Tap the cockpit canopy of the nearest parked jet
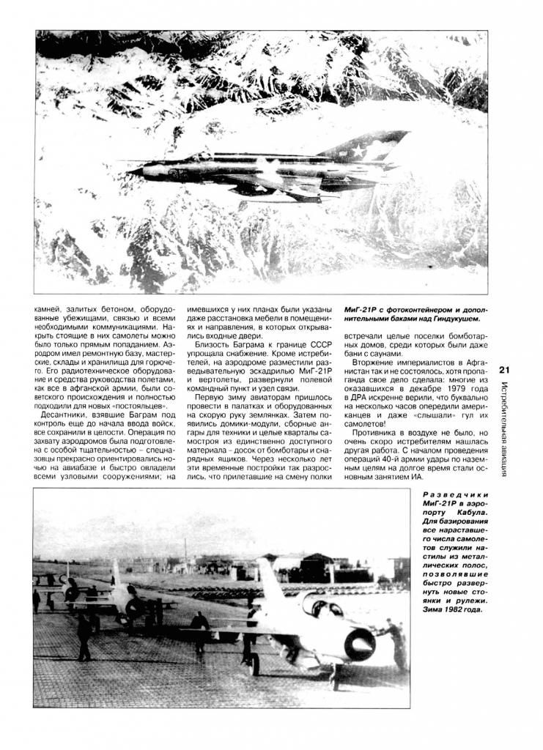click(323, 607)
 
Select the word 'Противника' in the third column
click(377, 434)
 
